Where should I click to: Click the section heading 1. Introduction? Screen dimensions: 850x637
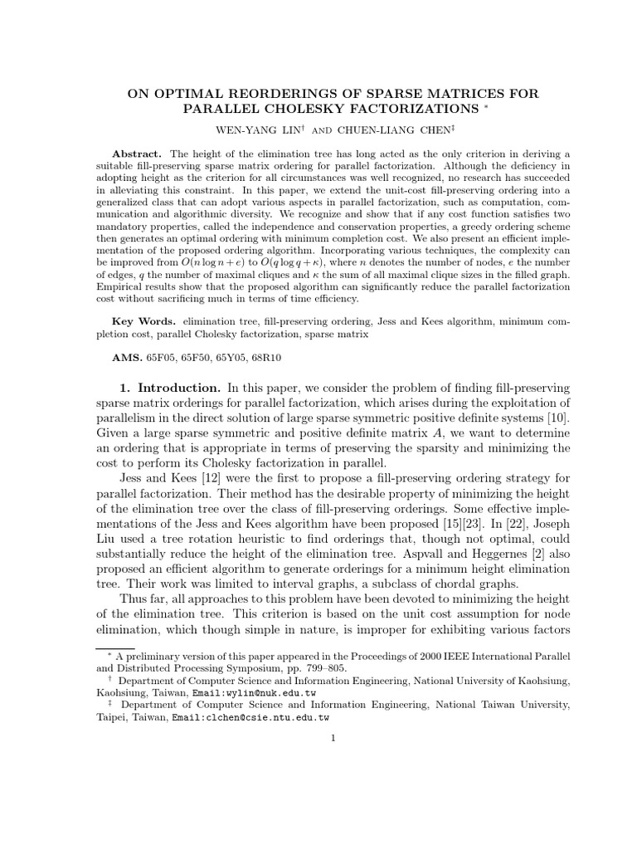click(x=169, y=388)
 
